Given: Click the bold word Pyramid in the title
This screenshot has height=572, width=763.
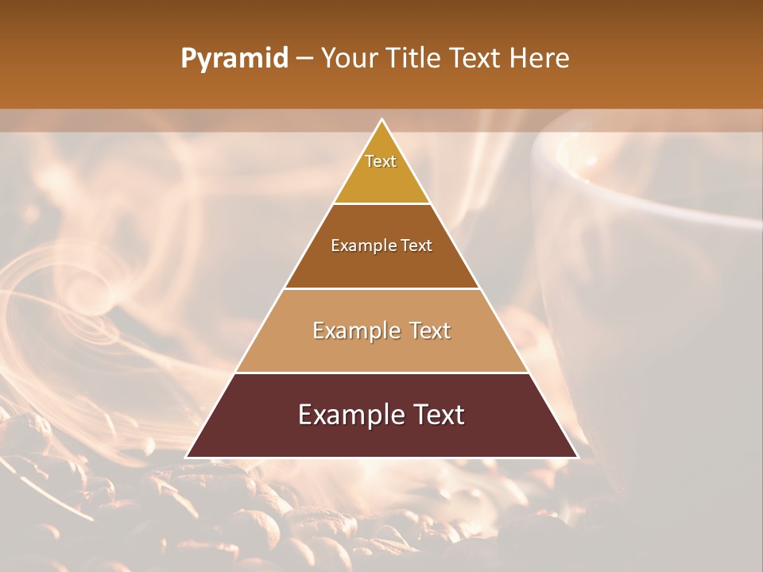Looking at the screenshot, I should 234,59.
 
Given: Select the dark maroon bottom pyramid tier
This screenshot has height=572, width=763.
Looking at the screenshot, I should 381,433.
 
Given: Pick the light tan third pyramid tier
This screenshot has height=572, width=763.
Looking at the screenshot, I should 381,350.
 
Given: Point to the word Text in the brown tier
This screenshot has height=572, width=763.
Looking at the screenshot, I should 416,245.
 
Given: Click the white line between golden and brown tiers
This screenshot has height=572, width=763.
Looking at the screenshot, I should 381,204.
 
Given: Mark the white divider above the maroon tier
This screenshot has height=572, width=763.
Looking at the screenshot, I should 381,373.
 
